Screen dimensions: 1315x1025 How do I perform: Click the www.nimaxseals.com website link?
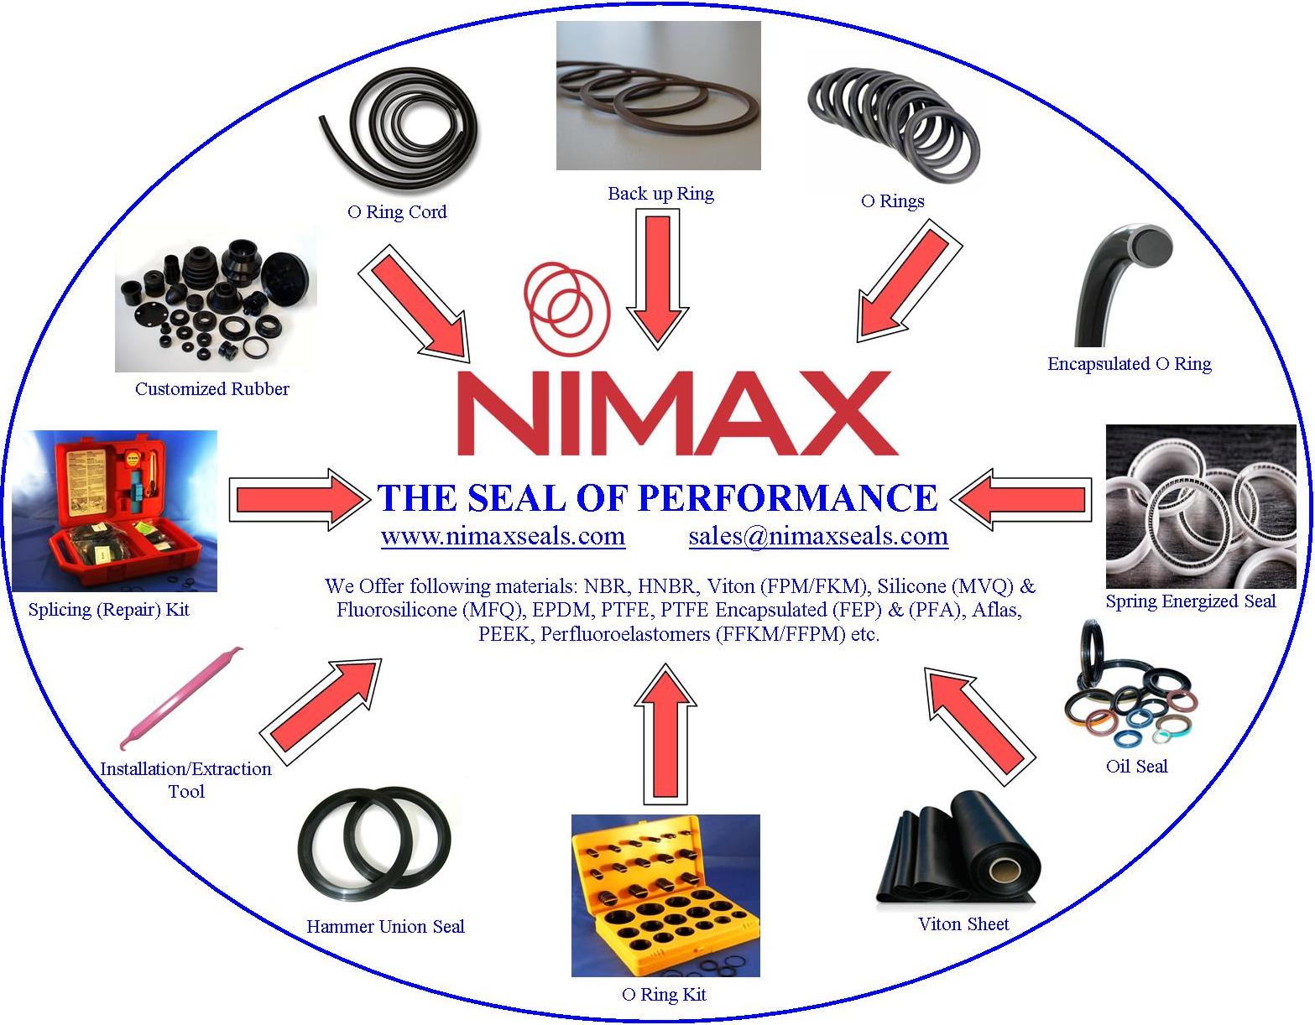pos(503,536)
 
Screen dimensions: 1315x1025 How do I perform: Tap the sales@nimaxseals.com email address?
pos(818,536)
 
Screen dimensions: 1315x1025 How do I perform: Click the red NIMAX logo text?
pos(676,413)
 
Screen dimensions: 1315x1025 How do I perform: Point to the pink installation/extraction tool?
pos(181,697)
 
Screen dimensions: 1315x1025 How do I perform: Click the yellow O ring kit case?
pos(665,895)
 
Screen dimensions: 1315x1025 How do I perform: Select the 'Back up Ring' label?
pos(660,194)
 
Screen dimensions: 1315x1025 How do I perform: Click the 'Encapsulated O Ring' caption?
pos(1130,364)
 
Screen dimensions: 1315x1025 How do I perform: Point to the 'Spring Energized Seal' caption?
pos(1190,601)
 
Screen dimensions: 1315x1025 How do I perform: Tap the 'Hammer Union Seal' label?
pos(385,926)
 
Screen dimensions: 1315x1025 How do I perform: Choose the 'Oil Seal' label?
pos(1136,766)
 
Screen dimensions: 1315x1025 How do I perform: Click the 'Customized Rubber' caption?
pos(211,388)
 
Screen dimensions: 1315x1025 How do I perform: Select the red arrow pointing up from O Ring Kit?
pos(665,734)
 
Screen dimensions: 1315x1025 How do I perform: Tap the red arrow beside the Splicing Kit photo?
pos(300,499)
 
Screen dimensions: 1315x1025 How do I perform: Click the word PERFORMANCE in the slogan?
pos(786,497)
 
